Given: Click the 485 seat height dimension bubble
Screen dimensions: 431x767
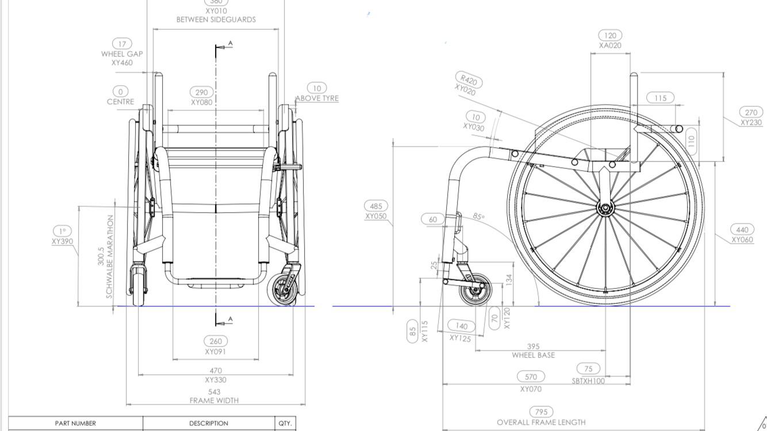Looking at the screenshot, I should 376,206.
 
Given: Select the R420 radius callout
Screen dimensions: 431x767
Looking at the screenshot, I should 469,80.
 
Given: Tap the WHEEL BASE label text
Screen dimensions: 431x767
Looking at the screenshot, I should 533,355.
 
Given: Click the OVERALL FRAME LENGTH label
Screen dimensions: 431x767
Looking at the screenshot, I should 541,422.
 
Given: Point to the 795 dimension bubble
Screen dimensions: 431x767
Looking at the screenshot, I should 541,411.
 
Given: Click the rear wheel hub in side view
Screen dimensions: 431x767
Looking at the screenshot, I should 605,208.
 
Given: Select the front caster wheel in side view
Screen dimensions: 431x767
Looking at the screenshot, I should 475,290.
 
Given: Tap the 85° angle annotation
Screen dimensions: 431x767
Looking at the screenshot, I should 479,217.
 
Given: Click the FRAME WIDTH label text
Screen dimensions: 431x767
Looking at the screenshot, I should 214,401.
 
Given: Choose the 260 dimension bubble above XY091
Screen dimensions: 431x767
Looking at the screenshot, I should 216,341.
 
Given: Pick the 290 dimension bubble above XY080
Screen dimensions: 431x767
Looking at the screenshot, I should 201,92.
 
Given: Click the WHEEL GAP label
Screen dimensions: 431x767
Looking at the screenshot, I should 122,54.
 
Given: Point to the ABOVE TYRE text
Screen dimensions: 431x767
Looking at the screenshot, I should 317,98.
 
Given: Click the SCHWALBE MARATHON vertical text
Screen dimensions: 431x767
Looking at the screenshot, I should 110,256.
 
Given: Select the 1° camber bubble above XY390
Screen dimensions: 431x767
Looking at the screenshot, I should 62,231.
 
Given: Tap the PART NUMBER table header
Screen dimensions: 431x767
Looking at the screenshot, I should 75,424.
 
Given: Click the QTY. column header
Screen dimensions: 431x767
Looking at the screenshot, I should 285,424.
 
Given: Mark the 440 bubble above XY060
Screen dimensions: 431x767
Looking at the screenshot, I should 742,229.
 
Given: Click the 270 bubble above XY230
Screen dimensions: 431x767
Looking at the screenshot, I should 751,113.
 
